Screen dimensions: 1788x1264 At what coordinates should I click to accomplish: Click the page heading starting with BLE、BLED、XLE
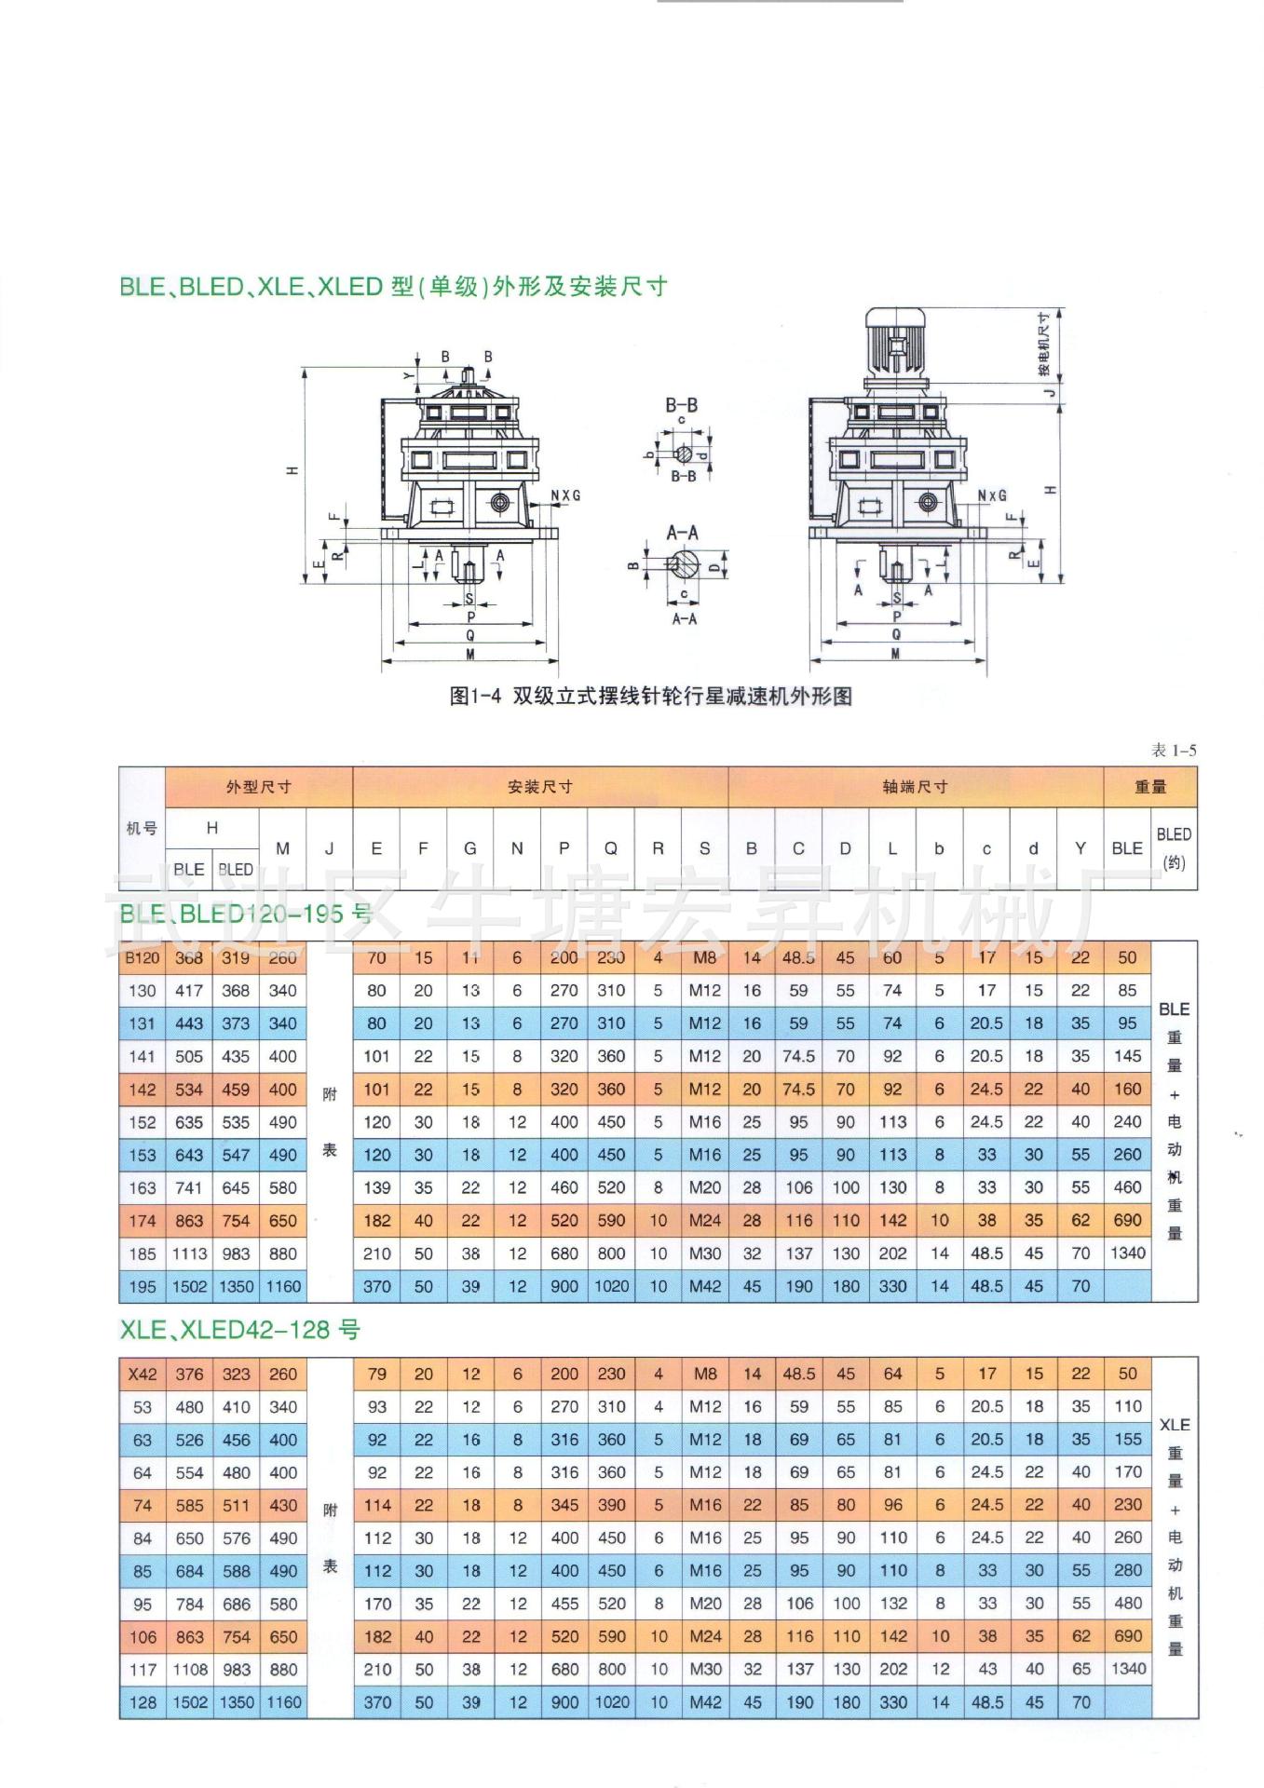tap(393, 287)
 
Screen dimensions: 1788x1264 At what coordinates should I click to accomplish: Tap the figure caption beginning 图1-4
tap(650, 696)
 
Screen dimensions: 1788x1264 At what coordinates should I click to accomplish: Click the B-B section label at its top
tap(681, 405)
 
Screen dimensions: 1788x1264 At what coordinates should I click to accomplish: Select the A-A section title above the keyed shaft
tap(682, 533)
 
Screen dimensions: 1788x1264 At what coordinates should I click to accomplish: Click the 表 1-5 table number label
tap(1174, 750)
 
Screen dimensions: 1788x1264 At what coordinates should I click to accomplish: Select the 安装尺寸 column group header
tap(539, 787)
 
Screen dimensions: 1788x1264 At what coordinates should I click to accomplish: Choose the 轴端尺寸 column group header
tap(915, 787)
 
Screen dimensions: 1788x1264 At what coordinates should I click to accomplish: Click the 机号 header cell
tap(142, 828)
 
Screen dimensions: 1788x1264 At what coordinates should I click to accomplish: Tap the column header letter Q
tap(611, 848)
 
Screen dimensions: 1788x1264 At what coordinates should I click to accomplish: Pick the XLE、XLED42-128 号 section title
tap(239, 1330)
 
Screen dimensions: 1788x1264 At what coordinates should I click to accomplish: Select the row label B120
tap(143, 957)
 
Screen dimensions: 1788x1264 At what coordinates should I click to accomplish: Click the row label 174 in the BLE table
tap(143, 1221)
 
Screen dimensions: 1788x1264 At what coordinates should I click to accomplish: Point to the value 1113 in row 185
tap(189, 1253)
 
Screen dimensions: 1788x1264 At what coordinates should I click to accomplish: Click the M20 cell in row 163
tap(704, 1187)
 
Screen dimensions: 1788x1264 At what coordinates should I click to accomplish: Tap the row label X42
tap(143, 1374)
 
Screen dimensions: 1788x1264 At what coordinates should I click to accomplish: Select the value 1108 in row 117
tap(189, 1670)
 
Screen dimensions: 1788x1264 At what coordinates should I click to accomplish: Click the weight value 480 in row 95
tap(1127, 1604)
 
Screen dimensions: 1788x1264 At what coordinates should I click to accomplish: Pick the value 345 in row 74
tap(564, 1505)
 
